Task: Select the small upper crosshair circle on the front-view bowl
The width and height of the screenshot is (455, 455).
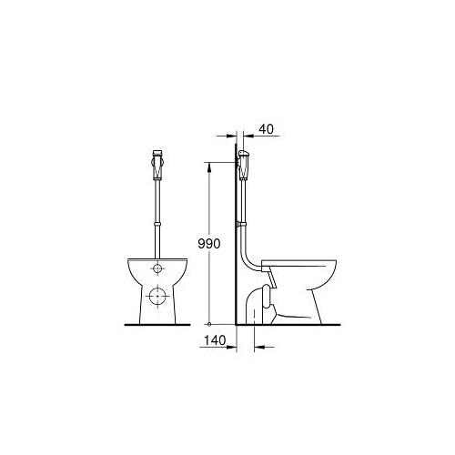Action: click(x=159, y=269)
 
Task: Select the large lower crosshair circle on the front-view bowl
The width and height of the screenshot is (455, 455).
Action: click(x=159, y=296)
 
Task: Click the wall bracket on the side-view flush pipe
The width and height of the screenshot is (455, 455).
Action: click(x=241, y=220)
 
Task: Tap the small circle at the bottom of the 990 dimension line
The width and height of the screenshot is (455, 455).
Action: click(x=210, y=324)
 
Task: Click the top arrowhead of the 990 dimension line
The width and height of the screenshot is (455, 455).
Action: click(x=210, y=166)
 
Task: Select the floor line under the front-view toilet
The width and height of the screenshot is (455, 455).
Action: click(x=159, y=325)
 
